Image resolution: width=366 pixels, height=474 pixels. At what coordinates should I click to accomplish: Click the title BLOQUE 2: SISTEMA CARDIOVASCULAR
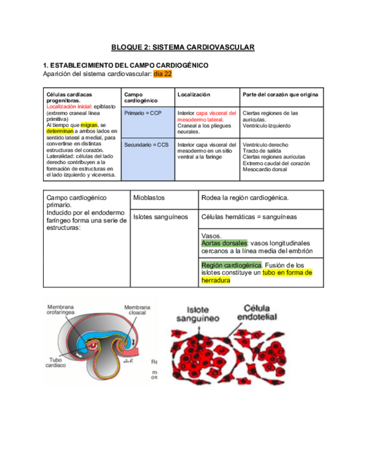[x=183, y=48]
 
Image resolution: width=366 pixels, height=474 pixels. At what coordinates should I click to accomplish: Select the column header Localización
[x=194, y=95]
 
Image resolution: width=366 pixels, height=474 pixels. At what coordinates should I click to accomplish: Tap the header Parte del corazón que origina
[x=281, y=95]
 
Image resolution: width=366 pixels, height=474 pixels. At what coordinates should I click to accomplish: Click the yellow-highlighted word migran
[x=89, y=125]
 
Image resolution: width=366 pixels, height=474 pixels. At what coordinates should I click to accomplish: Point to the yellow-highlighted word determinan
[x=60, y=131]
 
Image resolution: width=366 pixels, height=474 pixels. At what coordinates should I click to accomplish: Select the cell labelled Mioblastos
[x=149, y=198]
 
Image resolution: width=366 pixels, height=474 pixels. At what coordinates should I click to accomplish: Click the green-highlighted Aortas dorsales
[x=224, y=244]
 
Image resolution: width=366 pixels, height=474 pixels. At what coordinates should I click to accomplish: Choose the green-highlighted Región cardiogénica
[x=231, y=265]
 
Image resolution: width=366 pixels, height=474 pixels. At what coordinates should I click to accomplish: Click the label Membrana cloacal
[x=137, y=310]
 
